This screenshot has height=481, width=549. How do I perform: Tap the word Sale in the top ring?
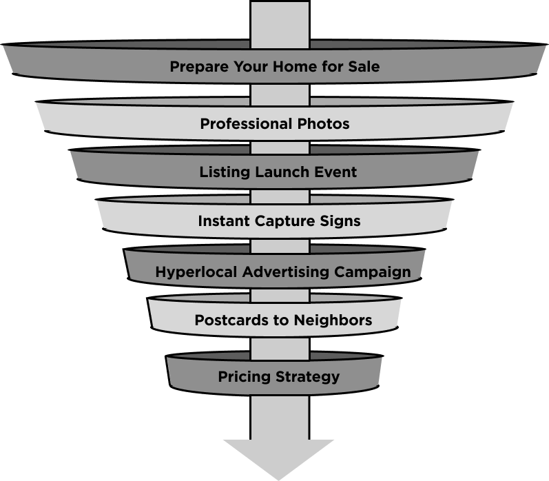364,68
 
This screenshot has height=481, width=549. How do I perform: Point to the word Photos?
324,125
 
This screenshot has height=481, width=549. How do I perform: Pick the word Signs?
340,222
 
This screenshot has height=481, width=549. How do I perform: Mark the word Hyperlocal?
197,272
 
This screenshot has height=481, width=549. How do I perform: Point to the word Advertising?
287,272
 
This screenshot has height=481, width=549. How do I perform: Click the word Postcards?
227,320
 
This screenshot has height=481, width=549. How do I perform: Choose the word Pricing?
243,377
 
